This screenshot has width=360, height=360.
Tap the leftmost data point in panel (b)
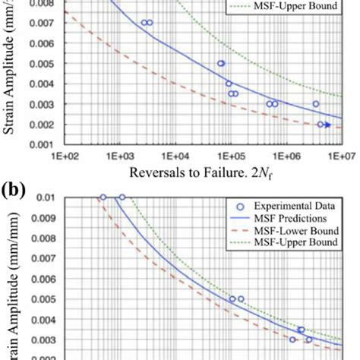click(x=103, y=197)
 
